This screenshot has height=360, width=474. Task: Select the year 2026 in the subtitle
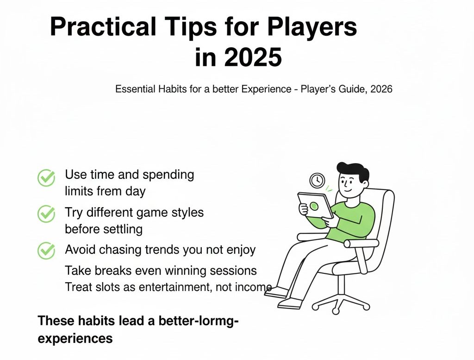(x=381, y=89)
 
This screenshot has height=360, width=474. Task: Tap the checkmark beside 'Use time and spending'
(x=46, y=178)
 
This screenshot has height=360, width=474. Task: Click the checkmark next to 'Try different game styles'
(x=46, y=214)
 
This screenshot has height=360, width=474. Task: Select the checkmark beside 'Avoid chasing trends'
(x=46, y=250)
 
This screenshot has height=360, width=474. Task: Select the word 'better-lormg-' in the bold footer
(x=203, y=320)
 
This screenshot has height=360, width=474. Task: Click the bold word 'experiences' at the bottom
(x=75, y=338)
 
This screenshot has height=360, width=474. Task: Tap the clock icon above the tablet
(x=317, y=180)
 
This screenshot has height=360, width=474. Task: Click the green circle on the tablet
(x=314, y=205)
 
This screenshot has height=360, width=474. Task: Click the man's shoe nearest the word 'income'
(x=277, y=291)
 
